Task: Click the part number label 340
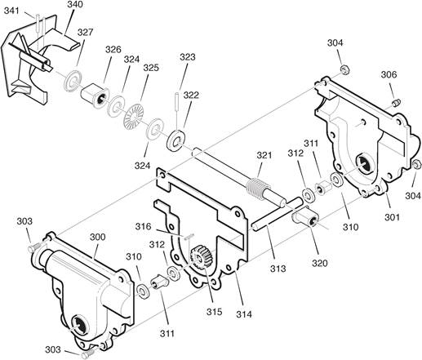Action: click(x=74, y=5)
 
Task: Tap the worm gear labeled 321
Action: click(x=259, y=189)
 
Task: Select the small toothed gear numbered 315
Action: click(x=201, y=256)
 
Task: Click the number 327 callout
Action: click(x=85, y=32)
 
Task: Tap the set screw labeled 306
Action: click(x=397, y=103)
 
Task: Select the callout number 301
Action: click(x=392, y=217)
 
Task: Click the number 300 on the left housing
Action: click(x=97, y=237)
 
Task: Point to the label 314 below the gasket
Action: click(x=244, y=314)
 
